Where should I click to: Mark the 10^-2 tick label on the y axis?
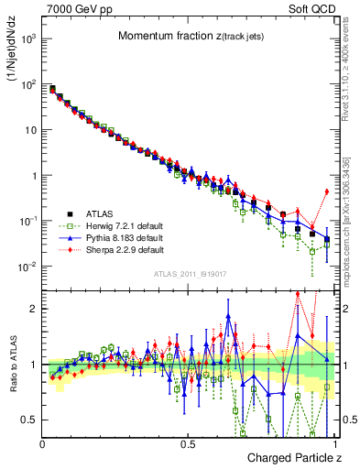tap(27, 267)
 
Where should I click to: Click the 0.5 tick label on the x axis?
tap(188, 444)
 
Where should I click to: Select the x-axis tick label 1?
tap(333, 444)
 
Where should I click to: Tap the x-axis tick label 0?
tap(43, 444)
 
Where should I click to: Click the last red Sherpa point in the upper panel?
tap(327, 191)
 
